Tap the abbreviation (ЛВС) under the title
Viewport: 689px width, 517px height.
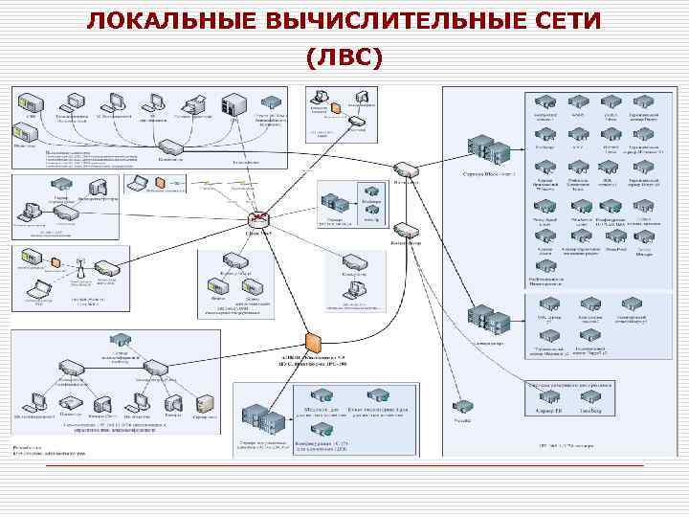click(344, 58)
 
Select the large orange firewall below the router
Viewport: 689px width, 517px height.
click(312, 342)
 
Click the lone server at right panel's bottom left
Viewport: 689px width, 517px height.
click(462, 406)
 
